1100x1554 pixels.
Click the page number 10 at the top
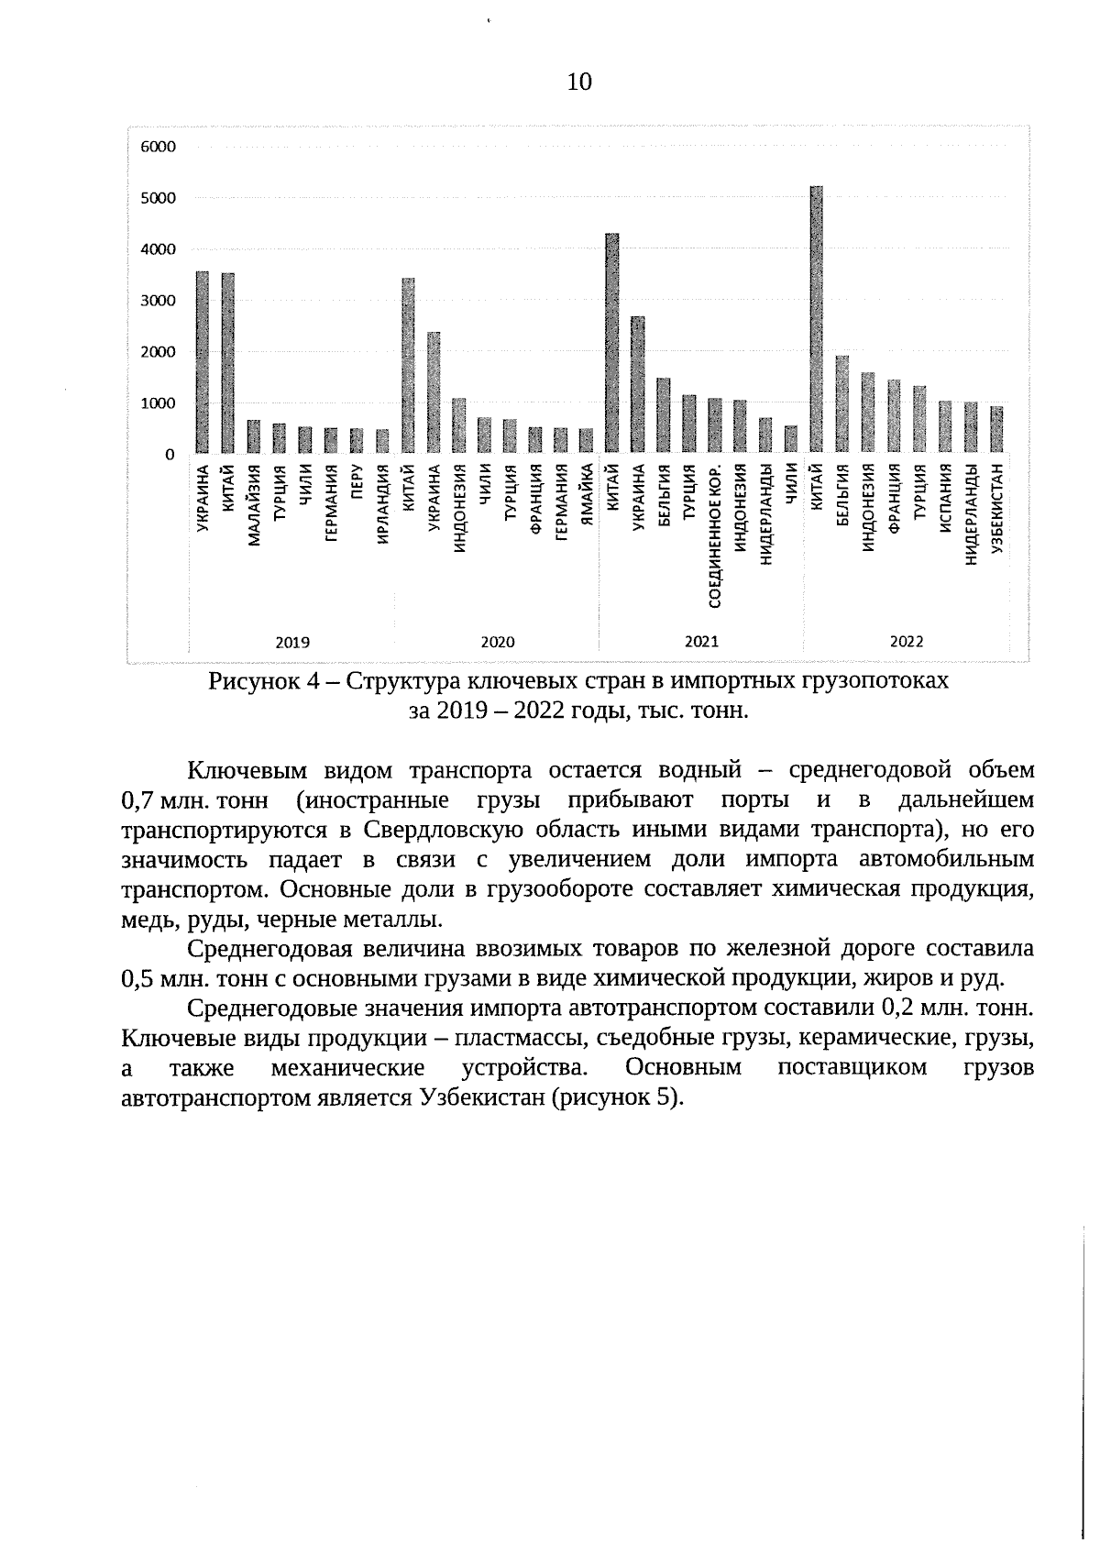pyautogui.click(x=579, y=83)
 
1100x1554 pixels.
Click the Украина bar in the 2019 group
pyautogui.click(x=203, y=362)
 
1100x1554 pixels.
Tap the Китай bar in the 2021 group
pyautogui.click(x=611, y=343)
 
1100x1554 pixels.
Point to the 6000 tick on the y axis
pyautogui.click(x=157, y=147)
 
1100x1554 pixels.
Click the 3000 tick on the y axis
pyautogui.click(x=157, y=301)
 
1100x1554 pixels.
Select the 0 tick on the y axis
pyautogui.click(x=170, y=455)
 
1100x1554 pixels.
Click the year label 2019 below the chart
pyautogui.click(x=292, y=642)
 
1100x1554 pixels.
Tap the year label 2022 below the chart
pyautogui.click(x=906, y=642)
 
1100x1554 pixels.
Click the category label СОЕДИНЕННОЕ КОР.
pyautogui.click(x=715, y=536)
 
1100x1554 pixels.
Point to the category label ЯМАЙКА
pyautogui.click(x=587, y=494)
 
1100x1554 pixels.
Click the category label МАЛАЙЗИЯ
pyautogui.click(x=254, y=505)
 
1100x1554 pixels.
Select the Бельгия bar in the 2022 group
pyautogui.click(x=841, y=404)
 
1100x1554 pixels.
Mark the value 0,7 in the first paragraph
pyautogui.click(x=137, y=801)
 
